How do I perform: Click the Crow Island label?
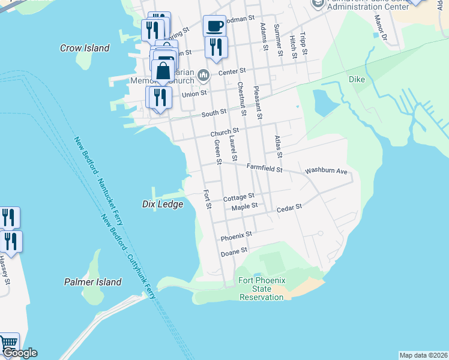pyautogui.click(x=85, y=48)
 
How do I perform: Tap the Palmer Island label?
pyautogui.click(x=92, y=282)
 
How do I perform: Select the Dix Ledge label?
pyautogui.click(x=162, y=204)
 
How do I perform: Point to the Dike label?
pyautogui.click(x=357, y=79)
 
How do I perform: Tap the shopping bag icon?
pyautogui.click(x=163, y=71)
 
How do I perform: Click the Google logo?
pyautogui.click(x=19, y=353)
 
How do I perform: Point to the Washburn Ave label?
pyautogui.click(x=326, y=171)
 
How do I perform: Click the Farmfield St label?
pyautogui.click(x=264, y=169)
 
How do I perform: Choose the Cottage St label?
pyautogui.click(x=239, y=197)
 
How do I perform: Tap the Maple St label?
pyautogui.click(x=244, y=206)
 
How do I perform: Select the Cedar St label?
pyautogui.click(x=289, y=209)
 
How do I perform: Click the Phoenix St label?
pyautogui.click(x=235, y=238)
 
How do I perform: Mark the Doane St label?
pyautogui.click(x=235, y=250)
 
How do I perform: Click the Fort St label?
pyautogui.click(x=207, y=200)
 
